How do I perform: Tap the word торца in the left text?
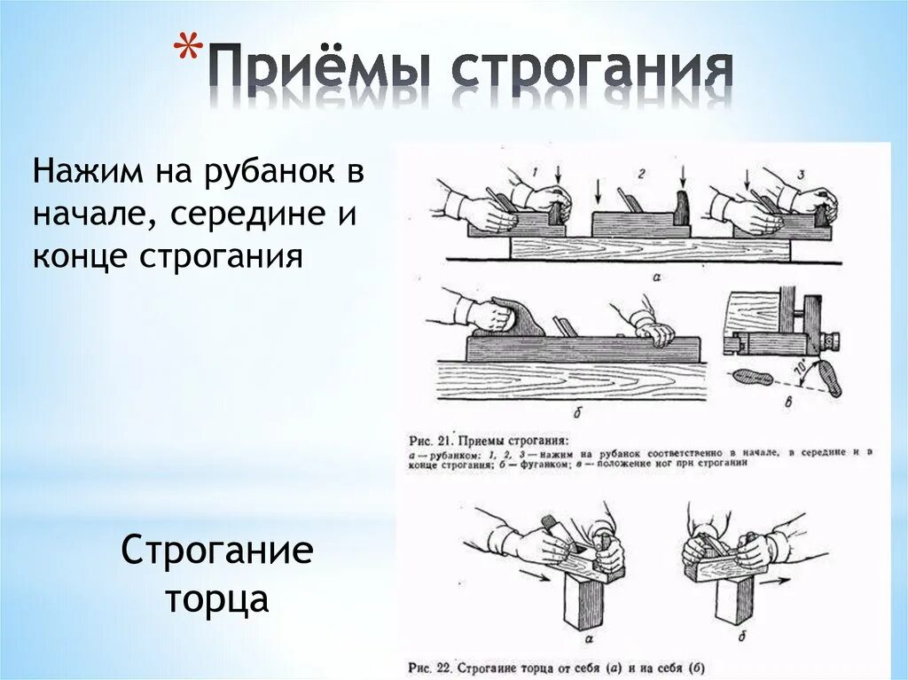pos(216,599)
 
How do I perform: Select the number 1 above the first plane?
pos(536,170)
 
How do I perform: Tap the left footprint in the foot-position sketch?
pos(754,377)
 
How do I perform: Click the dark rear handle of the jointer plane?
pos(519,316)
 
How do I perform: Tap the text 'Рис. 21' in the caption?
pos(431,438)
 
